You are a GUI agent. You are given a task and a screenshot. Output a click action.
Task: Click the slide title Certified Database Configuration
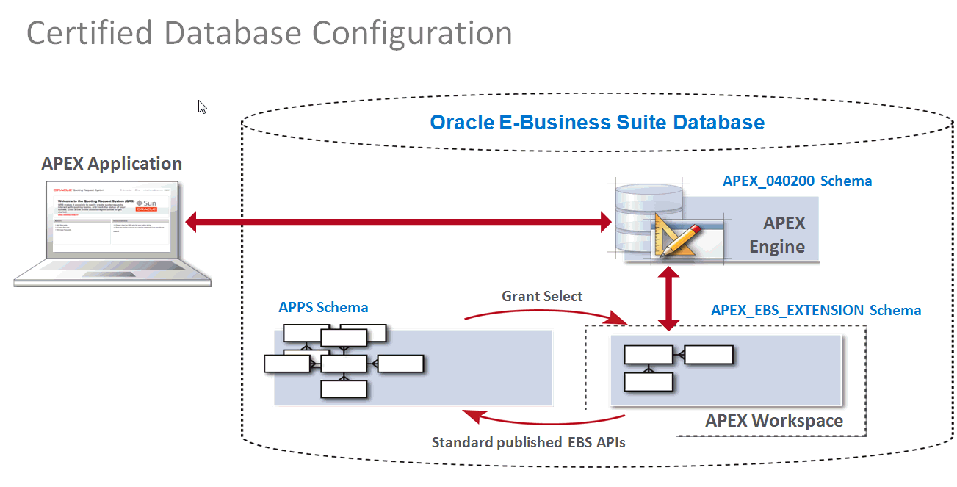tap(269, 34)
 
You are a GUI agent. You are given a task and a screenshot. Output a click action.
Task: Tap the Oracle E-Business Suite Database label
tap(596, 122)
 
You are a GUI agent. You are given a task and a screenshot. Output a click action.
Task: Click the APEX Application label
tap(112, 164)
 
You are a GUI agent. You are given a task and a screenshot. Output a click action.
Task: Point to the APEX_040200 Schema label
tap(797, 181)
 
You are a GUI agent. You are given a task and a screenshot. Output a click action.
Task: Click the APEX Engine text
tap(777, 235)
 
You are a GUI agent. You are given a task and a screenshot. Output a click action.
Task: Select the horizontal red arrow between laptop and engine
tap(397, 222)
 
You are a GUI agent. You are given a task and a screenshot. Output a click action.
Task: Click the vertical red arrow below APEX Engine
tap(668, 299)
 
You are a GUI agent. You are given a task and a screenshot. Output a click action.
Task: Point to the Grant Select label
tap(542, 296)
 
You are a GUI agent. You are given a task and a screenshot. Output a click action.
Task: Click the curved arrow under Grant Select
tap(543, 313)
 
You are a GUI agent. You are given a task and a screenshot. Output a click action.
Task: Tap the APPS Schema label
tap(323, 307)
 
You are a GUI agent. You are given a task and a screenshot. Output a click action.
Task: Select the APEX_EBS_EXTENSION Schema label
tap(815, 310)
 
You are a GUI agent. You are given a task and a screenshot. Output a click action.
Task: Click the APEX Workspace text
tap(774, 421)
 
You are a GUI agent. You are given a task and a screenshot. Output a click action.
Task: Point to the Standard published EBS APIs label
tap(528, 442)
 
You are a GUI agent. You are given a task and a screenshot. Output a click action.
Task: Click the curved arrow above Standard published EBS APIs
tap(543, 422)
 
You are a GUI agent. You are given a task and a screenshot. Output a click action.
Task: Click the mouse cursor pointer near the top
tap(202, 107)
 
